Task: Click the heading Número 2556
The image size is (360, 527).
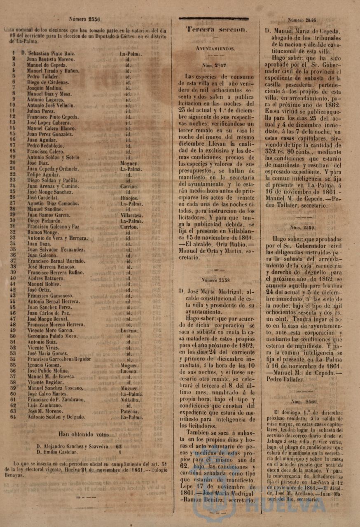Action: (x=85, y=19)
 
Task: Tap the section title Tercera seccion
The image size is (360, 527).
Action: (x=216, y=30)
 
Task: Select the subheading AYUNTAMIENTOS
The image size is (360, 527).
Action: (x=215, y=49)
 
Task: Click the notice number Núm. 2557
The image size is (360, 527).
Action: (x=215, y=65)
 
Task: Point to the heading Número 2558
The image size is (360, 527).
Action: (x=215, y=280)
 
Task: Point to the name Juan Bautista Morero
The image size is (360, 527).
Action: (x=51, y=59)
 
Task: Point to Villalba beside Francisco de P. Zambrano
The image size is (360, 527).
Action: (x=131, y=400)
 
